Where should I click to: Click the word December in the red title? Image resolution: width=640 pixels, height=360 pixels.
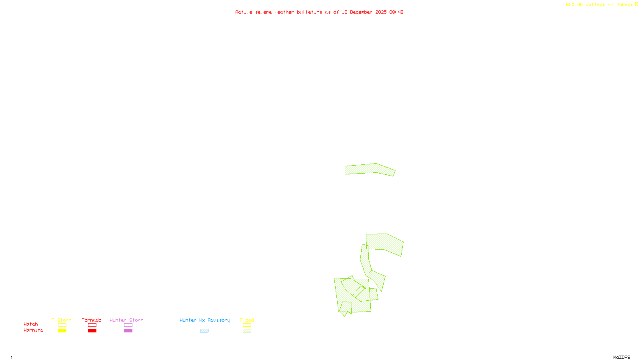click(361, 12)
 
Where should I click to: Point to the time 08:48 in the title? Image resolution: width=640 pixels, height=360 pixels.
click(396, 12)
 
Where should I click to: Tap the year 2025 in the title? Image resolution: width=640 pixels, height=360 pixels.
click(381, 12)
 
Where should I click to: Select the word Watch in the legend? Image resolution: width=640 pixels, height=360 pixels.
click(31, 324)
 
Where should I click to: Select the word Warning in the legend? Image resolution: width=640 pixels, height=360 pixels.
click(33, 330)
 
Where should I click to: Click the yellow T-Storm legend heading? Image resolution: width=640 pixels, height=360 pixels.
click(62, 320)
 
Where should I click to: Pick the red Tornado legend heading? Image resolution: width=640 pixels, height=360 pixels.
click(92, 320)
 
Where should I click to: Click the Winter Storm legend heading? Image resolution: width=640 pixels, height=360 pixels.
click(126, 320)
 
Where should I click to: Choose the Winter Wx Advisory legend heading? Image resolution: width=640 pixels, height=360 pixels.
click(205, 320)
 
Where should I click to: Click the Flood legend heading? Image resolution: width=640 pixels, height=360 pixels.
click(247, 320)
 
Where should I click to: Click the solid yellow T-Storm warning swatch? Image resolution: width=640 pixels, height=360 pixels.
click(62, 331)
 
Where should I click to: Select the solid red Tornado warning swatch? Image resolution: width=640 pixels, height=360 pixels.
click(92, 331)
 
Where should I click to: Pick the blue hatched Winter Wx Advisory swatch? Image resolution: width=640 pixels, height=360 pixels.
click(204, 331)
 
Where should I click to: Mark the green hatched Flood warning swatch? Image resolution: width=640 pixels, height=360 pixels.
click(247, 331)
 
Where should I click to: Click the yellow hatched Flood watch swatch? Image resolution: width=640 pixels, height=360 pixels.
click(247, 325)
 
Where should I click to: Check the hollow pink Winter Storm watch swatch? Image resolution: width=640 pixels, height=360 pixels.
click(128, 325)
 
